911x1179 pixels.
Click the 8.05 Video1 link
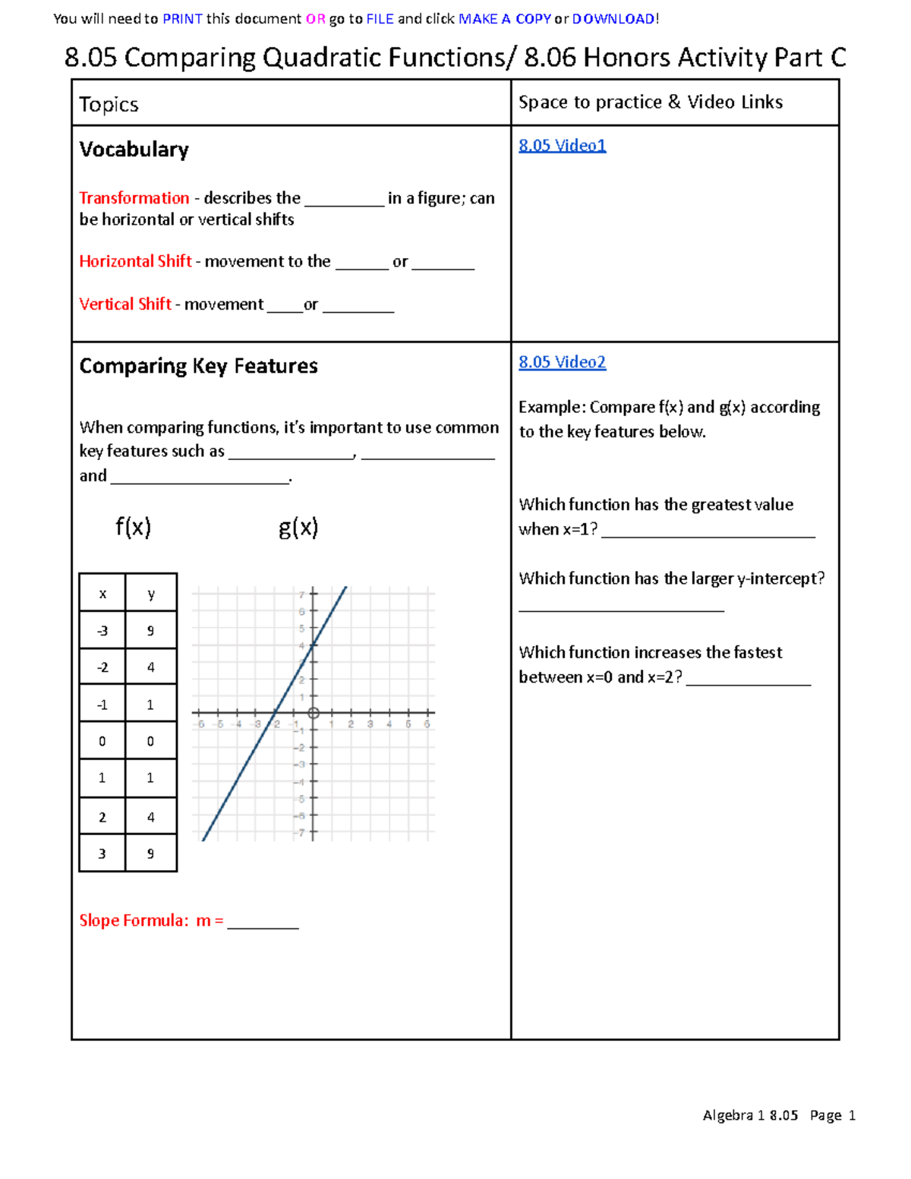[x=562, y=145]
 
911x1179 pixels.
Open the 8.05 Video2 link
[x=562, y=362]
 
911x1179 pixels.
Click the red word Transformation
[x=134, y=198]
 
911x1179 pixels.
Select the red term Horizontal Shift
[x=135, y=261]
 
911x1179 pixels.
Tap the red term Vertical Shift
[x=125, y=304]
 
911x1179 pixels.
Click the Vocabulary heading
[x=134, y=150]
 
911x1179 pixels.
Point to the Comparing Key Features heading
[x=198, y=366]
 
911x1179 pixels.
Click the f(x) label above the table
[x=133, y=526]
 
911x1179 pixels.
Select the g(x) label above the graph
[x=298, y=526]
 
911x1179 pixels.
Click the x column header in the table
[x=102, y=594]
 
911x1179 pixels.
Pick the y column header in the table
[x=151, y=594]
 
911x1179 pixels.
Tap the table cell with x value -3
[x=102, y=631]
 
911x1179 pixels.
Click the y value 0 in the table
[x=150, y=741]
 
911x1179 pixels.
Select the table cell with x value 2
[x=102, y=817]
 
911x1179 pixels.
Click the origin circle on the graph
[x=314, y=713]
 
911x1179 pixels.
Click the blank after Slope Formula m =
[x=263, y=922]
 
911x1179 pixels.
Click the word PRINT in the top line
[x=182, y=19]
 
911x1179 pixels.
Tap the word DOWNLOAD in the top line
[x=613, y=19]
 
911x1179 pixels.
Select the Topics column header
[x=109, y=104]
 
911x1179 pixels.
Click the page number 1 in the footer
[x=852, y=1115]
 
